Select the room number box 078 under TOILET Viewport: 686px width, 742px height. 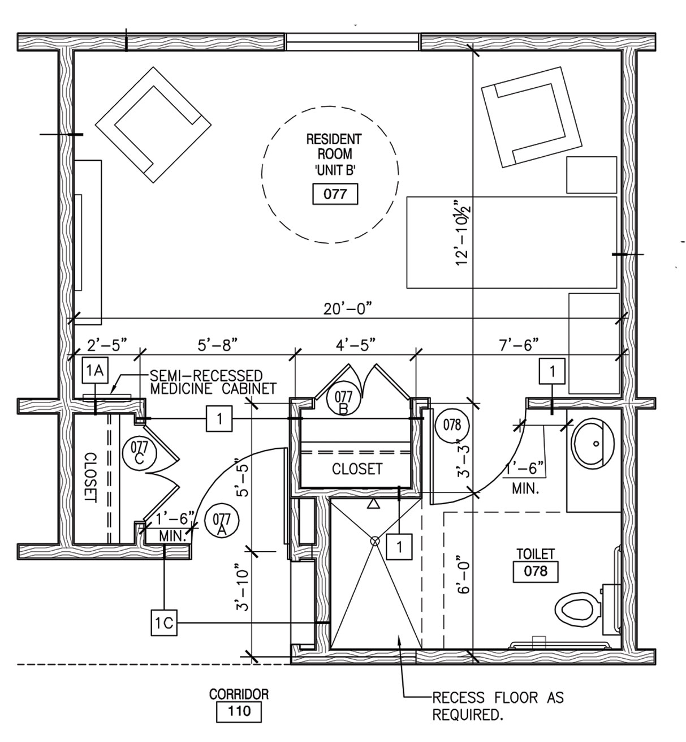coord(535,571)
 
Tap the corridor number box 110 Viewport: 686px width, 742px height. coord(239,711)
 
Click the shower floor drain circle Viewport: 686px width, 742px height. coord(374,541)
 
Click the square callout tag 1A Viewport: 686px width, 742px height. coord(95,370)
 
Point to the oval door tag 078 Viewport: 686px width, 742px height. coord(452,424)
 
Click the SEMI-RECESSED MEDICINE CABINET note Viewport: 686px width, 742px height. coord(212,382)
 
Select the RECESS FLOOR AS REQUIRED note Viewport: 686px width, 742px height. coord(498,705)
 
